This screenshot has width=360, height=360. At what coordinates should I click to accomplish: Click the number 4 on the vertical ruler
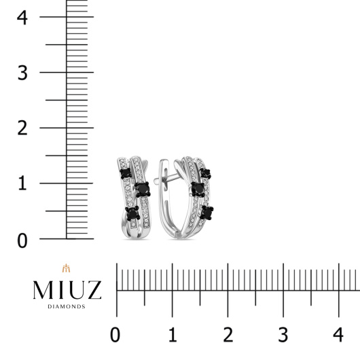[x=22, y=18]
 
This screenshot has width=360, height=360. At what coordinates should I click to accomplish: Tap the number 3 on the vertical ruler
[x=22, y=73]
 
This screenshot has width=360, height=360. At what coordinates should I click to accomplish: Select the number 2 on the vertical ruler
[x=22, y=128]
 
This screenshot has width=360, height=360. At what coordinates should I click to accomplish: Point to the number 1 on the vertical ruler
[x=22, y=183]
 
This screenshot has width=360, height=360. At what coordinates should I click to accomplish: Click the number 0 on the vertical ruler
[x=22, y=241]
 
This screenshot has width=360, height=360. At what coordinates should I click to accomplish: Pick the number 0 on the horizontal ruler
[x=115, y=335]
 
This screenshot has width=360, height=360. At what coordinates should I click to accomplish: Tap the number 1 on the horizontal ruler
[x=173, y=335]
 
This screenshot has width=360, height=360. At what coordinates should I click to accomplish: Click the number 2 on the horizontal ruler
[x=228, y=335]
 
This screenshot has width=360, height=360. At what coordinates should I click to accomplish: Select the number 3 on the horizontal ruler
[x=283, y=335]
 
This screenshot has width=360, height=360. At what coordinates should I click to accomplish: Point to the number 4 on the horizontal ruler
[x=338, y=335]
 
